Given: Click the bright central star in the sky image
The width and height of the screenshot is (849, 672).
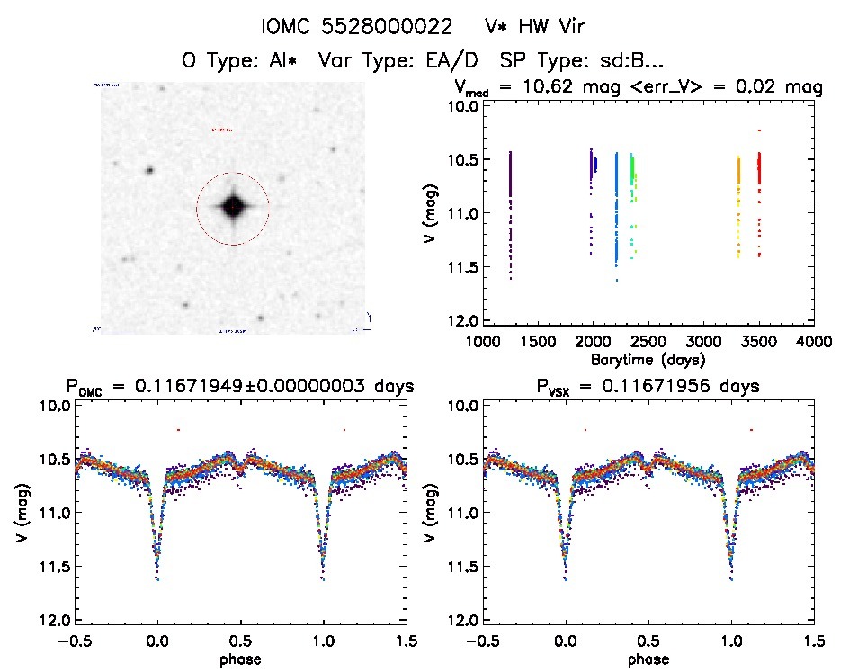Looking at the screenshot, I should (232, 207).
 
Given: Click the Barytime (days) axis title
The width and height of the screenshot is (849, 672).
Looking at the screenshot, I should (648, 360).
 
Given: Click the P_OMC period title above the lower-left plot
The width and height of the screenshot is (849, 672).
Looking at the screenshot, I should (240, 387).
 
